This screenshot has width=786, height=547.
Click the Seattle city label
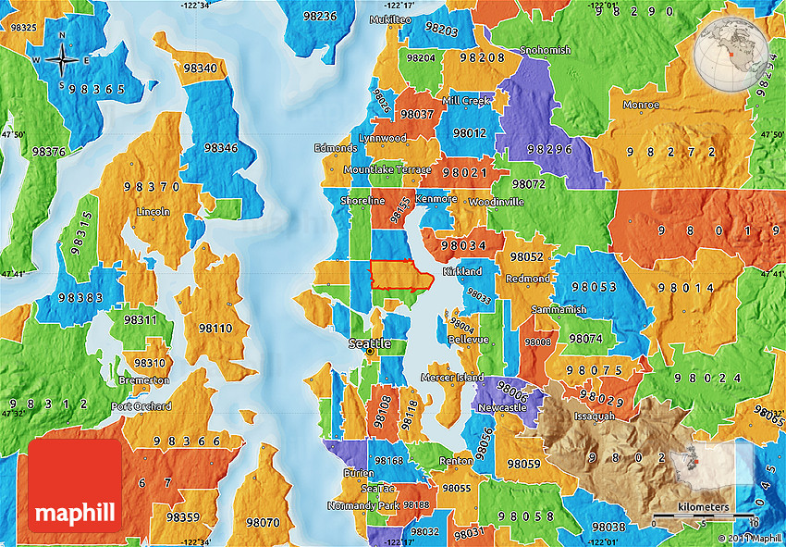tap(370, 343)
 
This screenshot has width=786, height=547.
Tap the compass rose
tap(61, 59)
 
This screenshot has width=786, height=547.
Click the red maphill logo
tap(75, 485)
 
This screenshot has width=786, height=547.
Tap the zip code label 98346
tap(221, 148)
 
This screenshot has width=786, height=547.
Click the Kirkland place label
tap(462, 271)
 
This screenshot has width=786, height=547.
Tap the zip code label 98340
tap(201, 68)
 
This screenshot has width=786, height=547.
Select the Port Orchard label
tap(141, 406)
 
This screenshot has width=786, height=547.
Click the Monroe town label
tap(641, 105)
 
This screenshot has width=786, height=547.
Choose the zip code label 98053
tap(594, 288)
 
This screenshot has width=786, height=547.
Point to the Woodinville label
tap(497, 202)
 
